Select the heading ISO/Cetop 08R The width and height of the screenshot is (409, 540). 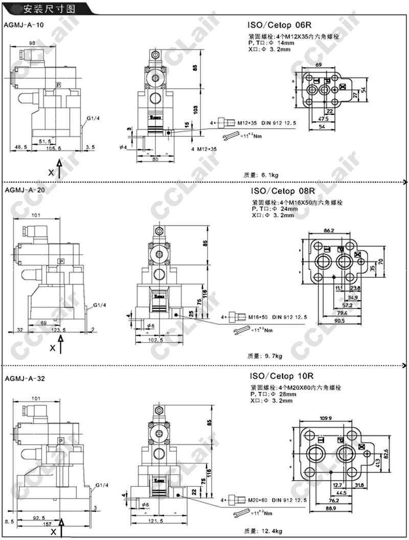[283, 191]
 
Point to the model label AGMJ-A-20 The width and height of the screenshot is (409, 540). [23, 190]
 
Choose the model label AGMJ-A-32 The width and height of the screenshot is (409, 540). [23, 379]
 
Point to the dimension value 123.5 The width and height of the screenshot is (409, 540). [56, 330]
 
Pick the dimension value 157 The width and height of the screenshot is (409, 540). [47, 524]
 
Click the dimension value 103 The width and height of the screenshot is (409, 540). [195, 109]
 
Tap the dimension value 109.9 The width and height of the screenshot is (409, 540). [326, 419]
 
